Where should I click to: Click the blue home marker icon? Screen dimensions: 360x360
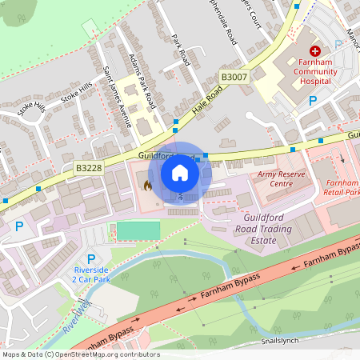(x=179, y=172)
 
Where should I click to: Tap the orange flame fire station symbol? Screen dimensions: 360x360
(x=146, y=185)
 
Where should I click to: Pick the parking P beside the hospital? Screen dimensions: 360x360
(x=314, y=101)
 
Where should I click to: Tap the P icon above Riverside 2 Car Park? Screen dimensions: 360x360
(x=90, y=259)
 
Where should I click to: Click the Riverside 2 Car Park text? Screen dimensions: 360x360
(x=90, y=275)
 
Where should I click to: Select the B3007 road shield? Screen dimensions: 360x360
(x=234, y=76)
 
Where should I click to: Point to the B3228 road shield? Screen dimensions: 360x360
(x=88, y=168)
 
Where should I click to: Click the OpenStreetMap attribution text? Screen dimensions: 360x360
(x=80, y=354)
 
